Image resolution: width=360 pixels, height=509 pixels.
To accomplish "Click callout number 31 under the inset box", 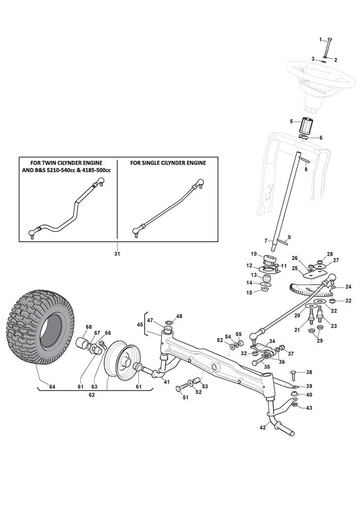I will coord(118,253).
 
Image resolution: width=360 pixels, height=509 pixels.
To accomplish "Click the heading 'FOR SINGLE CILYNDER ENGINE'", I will coord(168,163).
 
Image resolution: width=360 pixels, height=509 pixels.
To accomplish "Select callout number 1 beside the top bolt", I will coord(321,40).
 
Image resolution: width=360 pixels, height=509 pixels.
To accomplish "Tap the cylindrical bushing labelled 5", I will coord(306,125).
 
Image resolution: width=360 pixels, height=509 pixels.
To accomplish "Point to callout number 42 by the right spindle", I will coord(263,428).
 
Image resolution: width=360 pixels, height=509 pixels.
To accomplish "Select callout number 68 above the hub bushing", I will coord(89,327).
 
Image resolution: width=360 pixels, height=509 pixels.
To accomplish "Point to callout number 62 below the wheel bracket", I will coord(92,394).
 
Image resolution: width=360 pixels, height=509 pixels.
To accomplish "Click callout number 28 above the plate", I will coord(330,254).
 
